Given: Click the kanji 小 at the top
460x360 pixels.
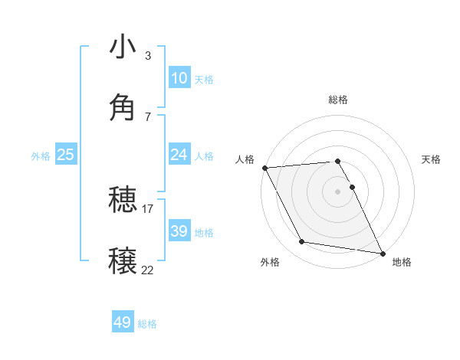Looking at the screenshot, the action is click(123, 47).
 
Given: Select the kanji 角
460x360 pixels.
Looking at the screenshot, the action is click(123, 106).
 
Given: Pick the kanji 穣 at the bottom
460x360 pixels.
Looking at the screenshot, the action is click(123, 259).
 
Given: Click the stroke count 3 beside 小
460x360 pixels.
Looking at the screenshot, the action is click(148, 55).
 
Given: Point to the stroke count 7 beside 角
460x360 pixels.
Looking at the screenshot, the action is click(148, 116).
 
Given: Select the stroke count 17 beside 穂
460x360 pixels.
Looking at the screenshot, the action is click(148, 208).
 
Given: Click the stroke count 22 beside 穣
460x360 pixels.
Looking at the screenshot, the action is click(148, 270).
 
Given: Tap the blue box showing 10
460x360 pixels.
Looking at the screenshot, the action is click(179, 78).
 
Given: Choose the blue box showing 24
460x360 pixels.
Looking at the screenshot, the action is click(179, 155).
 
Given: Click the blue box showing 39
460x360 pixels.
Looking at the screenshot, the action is click(179, 231).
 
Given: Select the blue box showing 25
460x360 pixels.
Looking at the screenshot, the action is click(66, 155).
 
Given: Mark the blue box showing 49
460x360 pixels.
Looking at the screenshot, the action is click(123, 322).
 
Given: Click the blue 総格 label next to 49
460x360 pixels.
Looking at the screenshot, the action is click(147, 324).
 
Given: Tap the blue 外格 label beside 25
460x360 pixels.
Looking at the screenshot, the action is click(41, 156).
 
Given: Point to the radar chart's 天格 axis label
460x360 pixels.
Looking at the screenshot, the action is click(431, 159).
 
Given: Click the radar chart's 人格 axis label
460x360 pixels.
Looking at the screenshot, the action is click(245, 159).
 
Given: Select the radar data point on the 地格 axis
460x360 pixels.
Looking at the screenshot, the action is click(381, 252).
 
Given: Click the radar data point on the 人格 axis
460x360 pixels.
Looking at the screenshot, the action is click(264, 168).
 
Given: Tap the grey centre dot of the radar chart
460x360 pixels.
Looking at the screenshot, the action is click(337, 191).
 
